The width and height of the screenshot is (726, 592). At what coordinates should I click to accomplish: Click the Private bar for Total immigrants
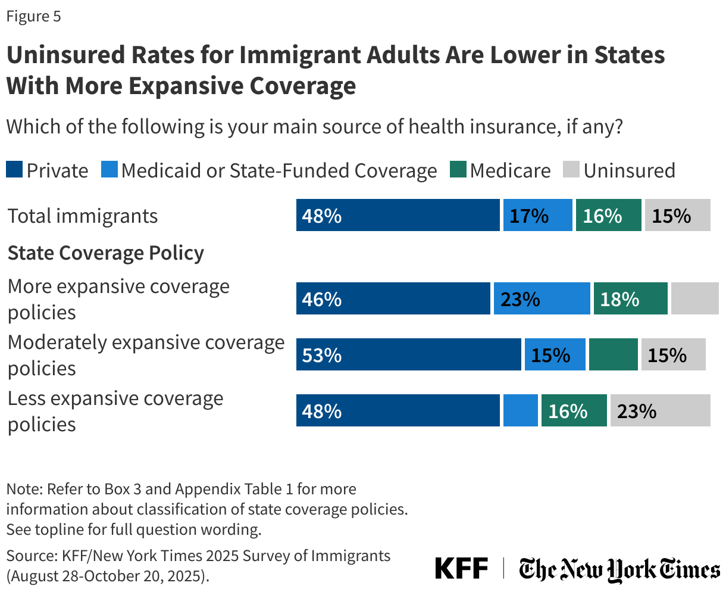[398, 215]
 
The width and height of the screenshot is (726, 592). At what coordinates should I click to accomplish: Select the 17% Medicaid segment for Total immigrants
[537, 215]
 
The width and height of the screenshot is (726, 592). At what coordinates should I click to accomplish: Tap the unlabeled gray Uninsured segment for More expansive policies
[694, 298]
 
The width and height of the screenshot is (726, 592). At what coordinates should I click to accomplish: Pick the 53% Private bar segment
[408, 354]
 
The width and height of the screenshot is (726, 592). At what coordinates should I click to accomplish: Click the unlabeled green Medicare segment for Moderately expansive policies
[613, 354]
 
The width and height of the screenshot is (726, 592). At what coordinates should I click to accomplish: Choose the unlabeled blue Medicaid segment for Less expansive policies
[520, 410]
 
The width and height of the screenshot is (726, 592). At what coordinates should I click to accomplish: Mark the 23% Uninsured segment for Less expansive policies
[660, 410]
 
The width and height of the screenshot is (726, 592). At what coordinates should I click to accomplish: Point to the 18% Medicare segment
[630, 298]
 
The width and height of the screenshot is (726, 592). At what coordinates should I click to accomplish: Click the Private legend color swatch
[15, 170]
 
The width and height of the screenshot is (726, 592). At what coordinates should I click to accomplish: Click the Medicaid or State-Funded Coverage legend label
[279, 171]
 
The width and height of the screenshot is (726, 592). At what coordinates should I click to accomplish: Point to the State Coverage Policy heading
[106, 253]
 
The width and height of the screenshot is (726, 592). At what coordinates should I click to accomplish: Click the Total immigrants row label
[83, 216]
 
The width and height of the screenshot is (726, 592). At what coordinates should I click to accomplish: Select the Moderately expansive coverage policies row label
[146, 355]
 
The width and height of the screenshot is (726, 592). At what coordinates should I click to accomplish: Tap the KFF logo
[461, 568]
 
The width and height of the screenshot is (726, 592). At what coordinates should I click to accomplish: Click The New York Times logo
[619, 569]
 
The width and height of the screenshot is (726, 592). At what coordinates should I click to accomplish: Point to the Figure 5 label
[33, 16]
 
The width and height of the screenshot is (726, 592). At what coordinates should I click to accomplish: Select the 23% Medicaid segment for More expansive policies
[542, 298]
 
